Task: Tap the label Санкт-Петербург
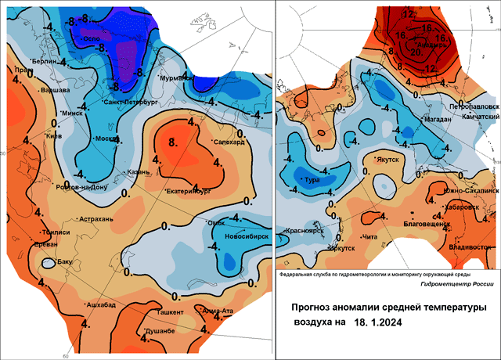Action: (131, 103)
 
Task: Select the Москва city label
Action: (106, 139)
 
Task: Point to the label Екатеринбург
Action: (190, 192)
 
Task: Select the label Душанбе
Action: (159, 332)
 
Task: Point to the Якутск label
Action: (387, 159)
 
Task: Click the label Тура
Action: (301, 178)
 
